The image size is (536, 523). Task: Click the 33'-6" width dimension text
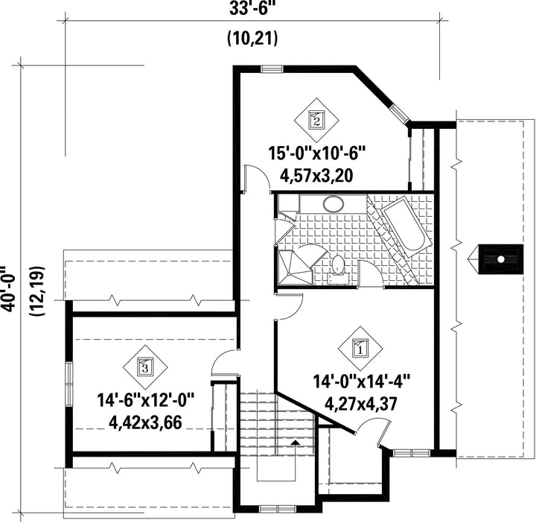click(x=252, y=9)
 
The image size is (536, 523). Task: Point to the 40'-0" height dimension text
click(x=10, y=288)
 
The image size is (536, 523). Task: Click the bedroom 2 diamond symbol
click(x=316, y=121)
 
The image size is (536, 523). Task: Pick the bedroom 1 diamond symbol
click(x=360, y=349)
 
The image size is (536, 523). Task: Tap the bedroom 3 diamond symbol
click(x=145, y=367)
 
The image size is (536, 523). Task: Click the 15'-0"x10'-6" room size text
click(x=317, y=153)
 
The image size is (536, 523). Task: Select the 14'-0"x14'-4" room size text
click(x=361, y=381)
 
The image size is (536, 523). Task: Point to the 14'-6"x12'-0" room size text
click(x=146, y=400)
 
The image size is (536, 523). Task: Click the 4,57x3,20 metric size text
click(x=316, y=176)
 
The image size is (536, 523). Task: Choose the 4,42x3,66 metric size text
click(x=145, y=422)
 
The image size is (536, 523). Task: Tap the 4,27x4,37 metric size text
click(x=360, y=404)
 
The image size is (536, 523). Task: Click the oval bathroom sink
click(x=334, y=204)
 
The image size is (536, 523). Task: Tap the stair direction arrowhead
click(x=295, y=443)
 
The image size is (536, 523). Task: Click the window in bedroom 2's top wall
click(x=272, y=69)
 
